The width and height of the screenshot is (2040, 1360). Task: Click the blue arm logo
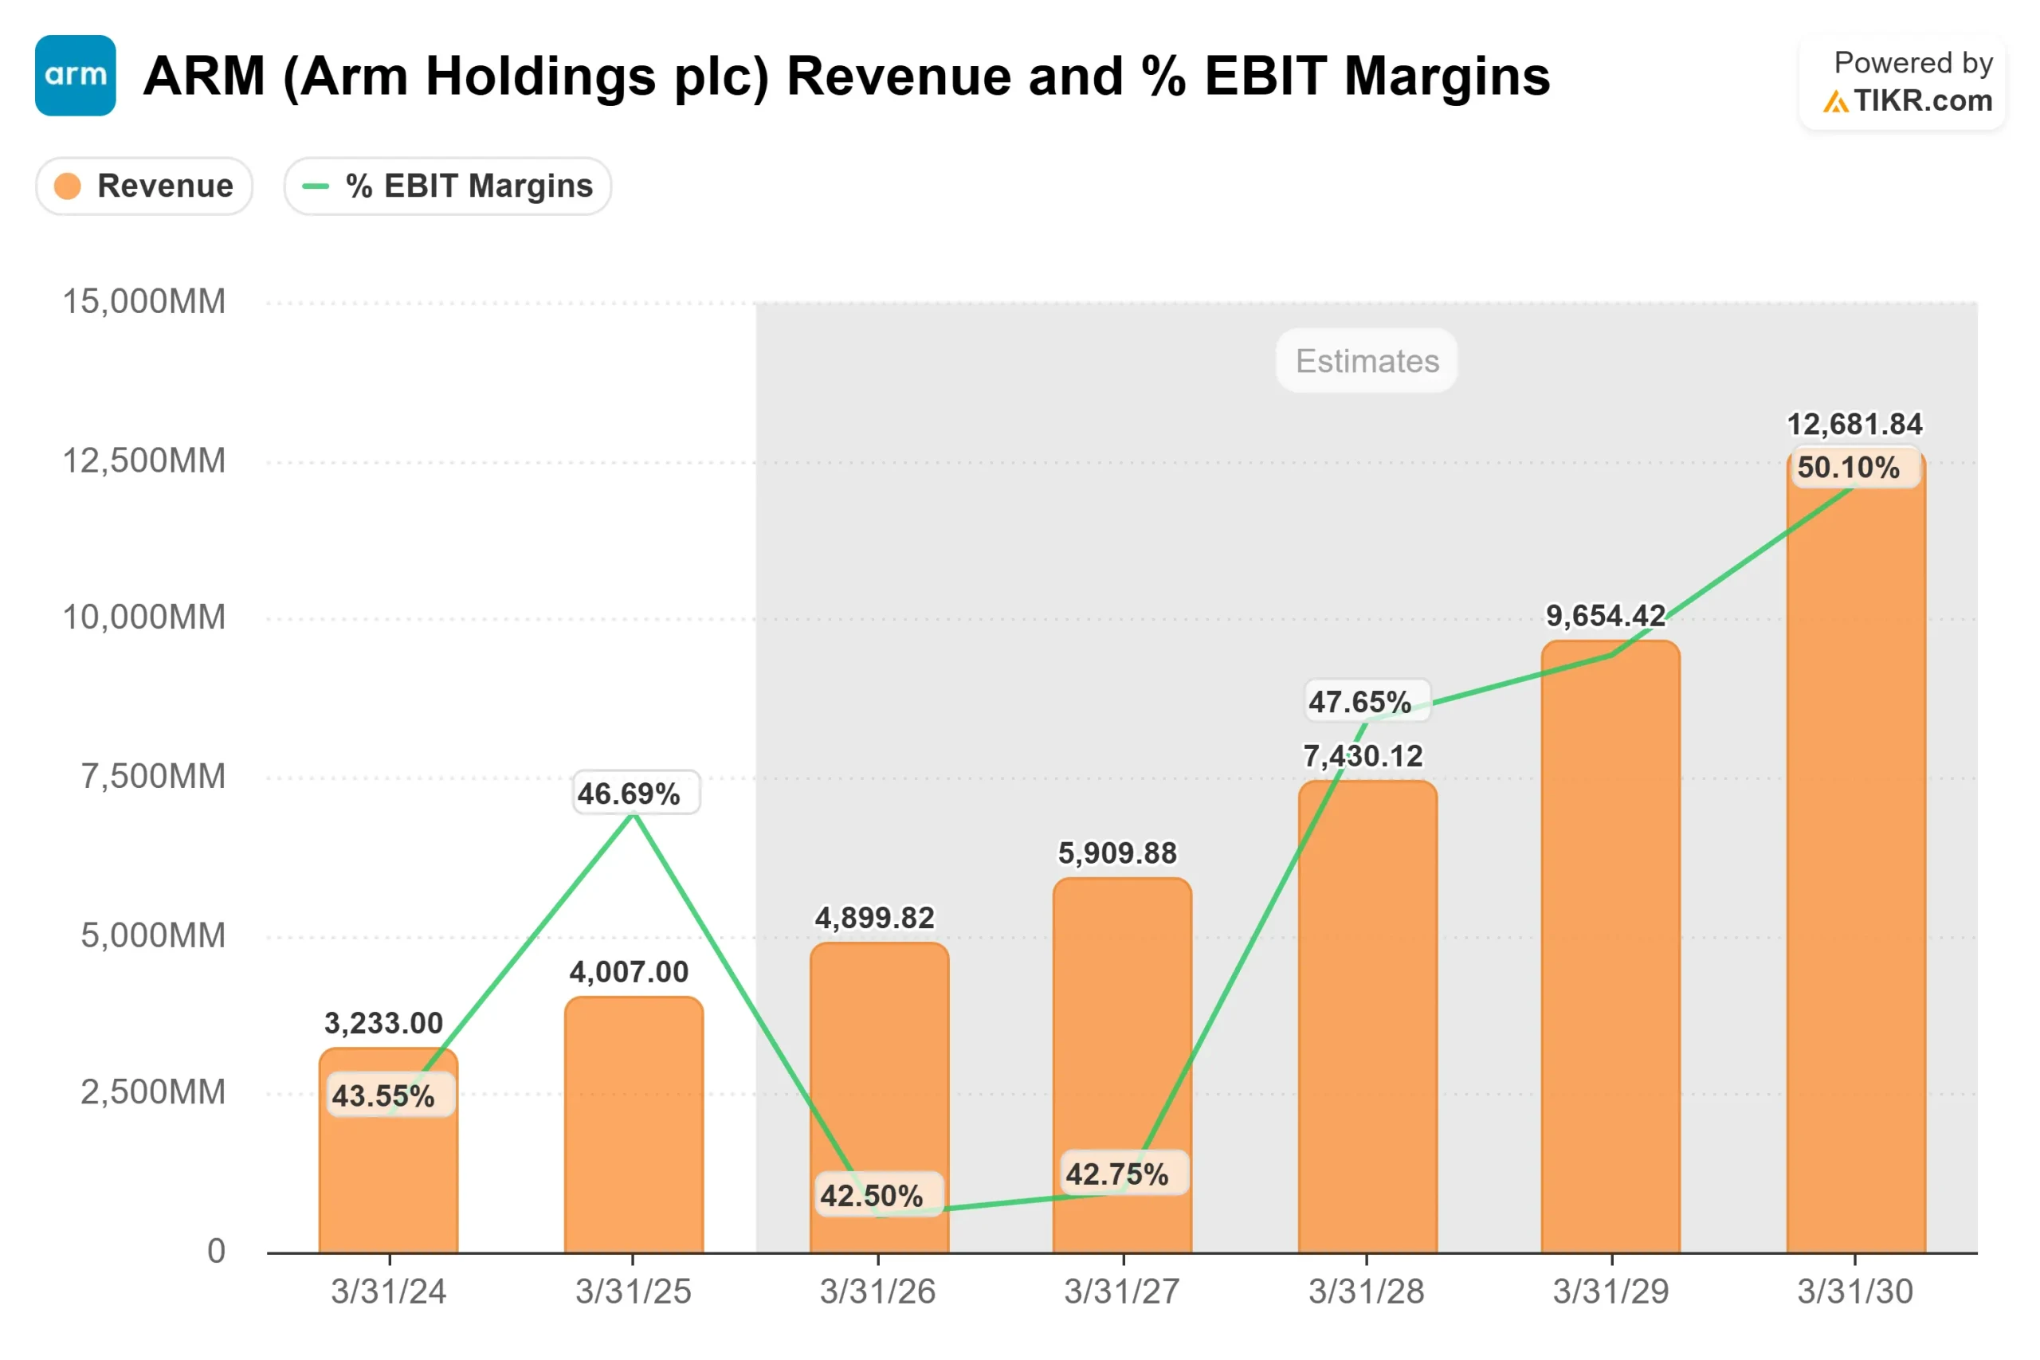pyautogui.click(x=76, y=76)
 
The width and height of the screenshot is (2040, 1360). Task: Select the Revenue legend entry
pyautogui.click(x=144, y=186)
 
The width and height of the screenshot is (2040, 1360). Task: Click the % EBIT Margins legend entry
pyautogui.click(x=448, y=186)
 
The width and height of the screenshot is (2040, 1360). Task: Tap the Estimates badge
pyautogui.click(x=1366, y=361)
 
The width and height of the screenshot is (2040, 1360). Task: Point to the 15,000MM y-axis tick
pyautogui.click(x=144, y=302)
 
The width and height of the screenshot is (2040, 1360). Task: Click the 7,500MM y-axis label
pyautogui.click(x=154, y=776)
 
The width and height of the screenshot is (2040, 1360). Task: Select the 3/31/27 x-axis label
pyautogui.click(x=1121, y=1291)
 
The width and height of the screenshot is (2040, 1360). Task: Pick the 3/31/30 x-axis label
pyautogui.click(x=1854, y=1291)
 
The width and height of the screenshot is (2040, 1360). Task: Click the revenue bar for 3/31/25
pyautogui.click(x=634, y=1127)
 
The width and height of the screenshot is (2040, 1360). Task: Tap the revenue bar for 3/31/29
pyautogui.click(x=1610, y=954)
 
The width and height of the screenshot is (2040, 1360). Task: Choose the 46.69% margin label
pyautogui.click(x=630, y=794)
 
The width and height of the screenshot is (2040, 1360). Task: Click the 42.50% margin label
pyautogui.click(x=872, y=1196)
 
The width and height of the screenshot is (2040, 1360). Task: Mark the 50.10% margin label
pyautogui.click(x=1848, y=468)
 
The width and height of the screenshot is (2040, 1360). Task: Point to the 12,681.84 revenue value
pyautogui.click(x=1854, y=424)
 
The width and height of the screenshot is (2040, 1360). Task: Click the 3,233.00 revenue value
pyautogui.click(x=383, y=1024)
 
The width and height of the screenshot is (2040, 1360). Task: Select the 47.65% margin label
pyautogui.click(x=1360, y=702)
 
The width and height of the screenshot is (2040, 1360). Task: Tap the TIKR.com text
pyautogui.click(x=1923, y=100)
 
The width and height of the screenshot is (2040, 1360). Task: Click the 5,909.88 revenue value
pyautogui.click(x=1117, y=853)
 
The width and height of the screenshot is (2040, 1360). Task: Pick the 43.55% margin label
pyautogui.click(x=383, y=1095)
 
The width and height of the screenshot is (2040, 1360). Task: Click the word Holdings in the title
pyautogui.click(x=541, y=76)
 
